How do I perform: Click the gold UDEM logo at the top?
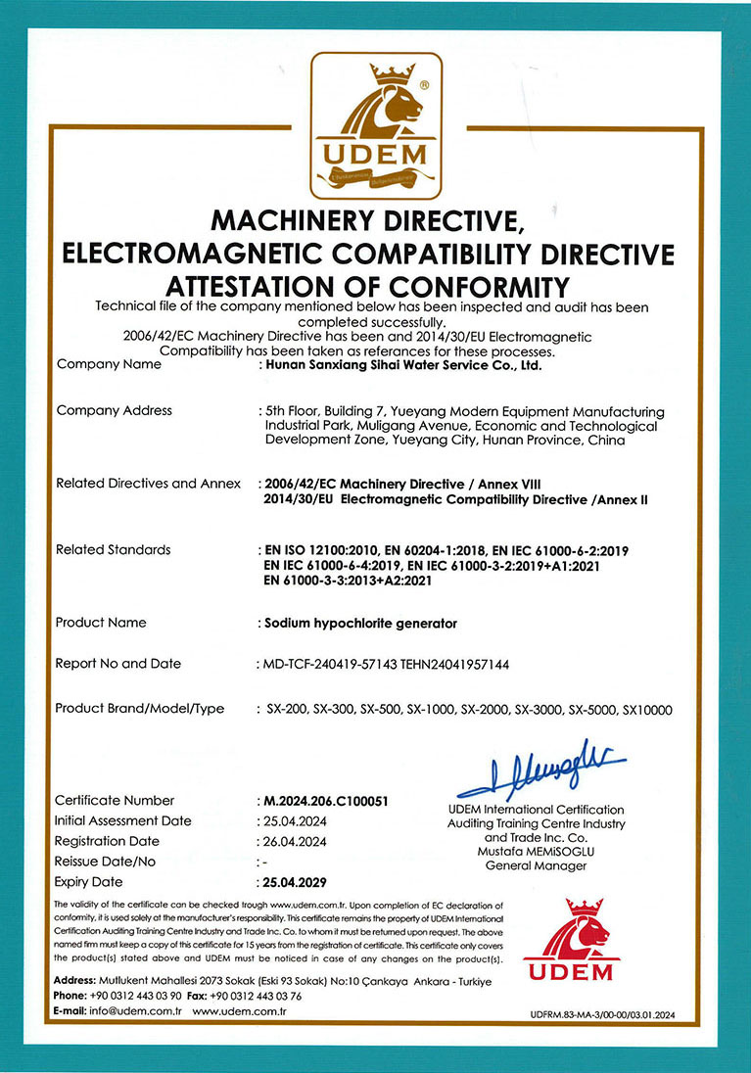click(x=376, y=125)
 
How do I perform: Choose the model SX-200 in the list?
click(x=287, y=709)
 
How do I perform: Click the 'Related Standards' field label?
click(x=113, y=549)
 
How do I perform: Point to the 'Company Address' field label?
click(x=114, y=410)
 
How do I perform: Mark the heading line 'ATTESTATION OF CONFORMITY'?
click(x=367, y=287)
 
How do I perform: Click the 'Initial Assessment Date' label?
click(x=123, y=820)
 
